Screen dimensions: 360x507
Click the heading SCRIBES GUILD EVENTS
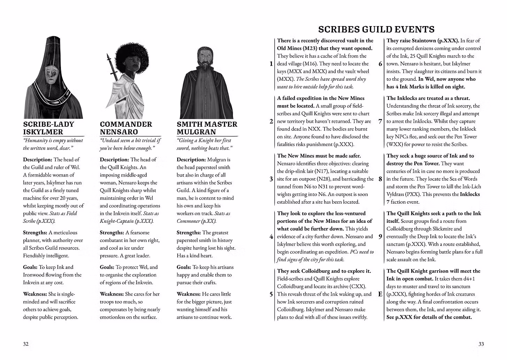pos(376,29)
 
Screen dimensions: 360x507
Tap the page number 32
pos(26,344)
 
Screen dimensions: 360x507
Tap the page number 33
pos(481,344)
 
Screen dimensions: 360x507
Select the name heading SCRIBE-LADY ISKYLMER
pos(49,128)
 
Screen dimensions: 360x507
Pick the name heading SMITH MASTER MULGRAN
pos(207,128)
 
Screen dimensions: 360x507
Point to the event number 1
pos(271,64)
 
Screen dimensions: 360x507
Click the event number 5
pos(271,294)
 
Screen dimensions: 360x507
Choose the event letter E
pos(380,294)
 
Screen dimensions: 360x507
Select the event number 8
pos(380,179)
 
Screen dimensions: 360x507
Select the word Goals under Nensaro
pos(107,267)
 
